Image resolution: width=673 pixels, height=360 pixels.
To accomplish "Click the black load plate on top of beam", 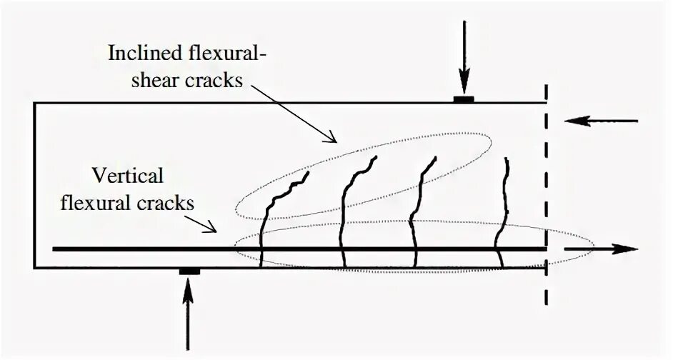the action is (464, 99).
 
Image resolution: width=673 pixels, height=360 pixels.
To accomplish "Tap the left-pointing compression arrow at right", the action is (600, 121).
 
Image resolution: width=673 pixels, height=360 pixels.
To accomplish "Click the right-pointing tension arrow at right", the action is (600, 249).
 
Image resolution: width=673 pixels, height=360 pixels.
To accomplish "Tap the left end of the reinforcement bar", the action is (56, 249).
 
